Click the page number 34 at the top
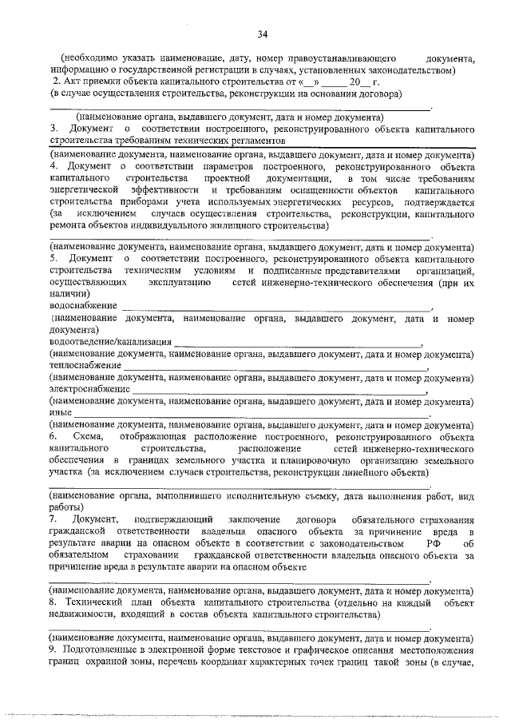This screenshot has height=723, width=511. tap(262, 34)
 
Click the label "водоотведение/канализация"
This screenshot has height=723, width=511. tap(109, 341)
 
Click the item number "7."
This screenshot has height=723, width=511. tap(54, 520)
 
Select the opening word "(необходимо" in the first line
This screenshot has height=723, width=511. tap(90, 58)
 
